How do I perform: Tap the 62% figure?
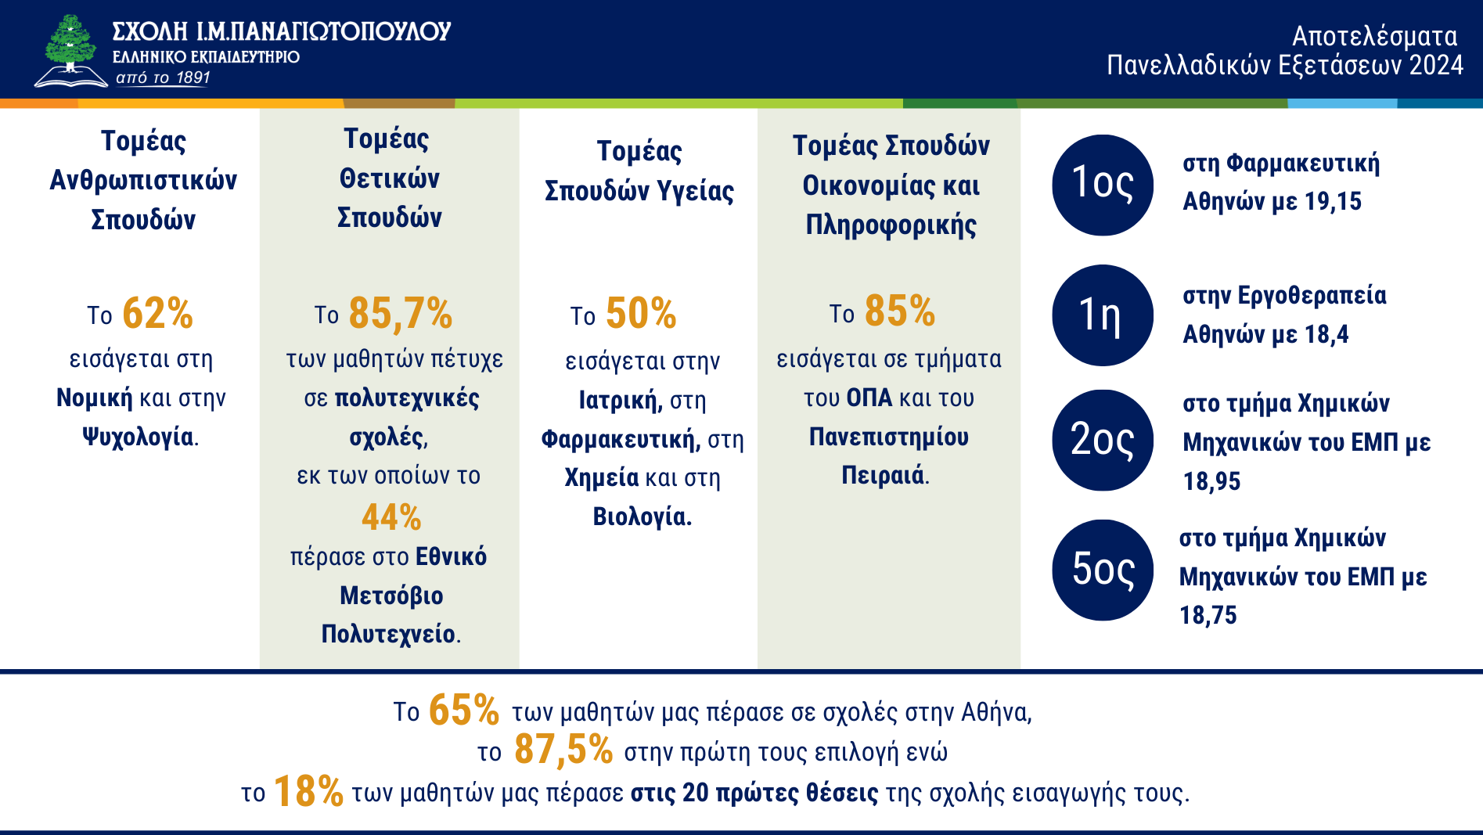pos(157,314)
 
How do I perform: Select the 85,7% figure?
pos(400,314)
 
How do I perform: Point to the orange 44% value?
pos(391,517)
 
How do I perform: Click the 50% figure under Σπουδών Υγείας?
pos(641,314)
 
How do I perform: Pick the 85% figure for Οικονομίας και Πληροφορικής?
pos(900,311)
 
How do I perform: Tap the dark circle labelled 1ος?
pos(1103,185)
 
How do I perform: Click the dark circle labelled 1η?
pos(1103,315)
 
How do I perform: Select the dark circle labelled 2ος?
pos(1103,440)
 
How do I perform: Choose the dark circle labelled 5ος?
pos(1103,570)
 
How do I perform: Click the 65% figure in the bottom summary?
pos(464,711)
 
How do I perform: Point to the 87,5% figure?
pos(563,750)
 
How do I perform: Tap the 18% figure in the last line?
pos(308,791)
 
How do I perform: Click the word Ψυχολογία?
pos(138,437)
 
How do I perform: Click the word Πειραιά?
pos(883,475)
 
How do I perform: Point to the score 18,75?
pos(1208,615)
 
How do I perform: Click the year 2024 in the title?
pos(1436,65)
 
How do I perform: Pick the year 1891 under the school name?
pos(193,77)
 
